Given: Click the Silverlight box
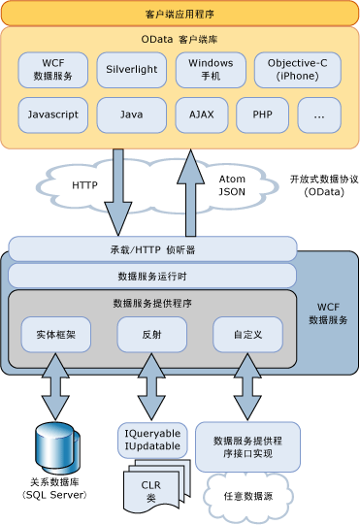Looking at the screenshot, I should [x=132, y=70].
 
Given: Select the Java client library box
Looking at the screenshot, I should [x=132, y=115].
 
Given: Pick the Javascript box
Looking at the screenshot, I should [x=53, y=115].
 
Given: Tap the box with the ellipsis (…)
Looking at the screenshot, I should [x=319, y=115].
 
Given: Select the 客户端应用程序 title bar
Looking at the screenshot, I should [x=180, y=15].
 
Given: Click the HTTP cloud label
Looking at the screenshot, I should [x=85, y=183].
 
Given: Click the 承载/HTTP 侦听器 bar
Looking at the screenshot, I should [x=152, y=249].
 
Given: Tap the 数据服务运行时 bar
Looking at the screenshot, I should [x=152, y=276].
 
